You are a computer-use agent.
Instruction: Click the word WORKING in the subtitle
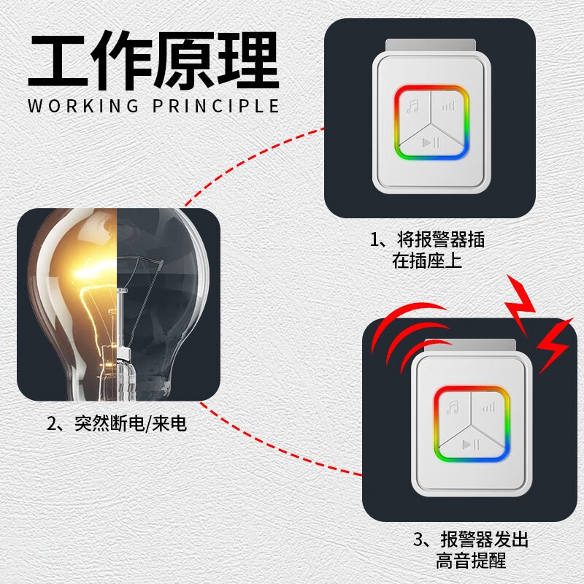tap(83, 106)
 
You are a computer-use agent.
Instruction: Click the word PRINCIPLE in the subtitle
tap(216, 106)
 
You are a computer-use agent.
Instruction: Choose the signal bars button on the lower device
tap(488, 407)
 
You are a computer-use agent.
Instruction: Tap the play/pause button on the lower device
tap(471, 444)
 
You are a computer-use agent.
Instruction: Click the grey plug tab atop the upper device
tap(431, 46)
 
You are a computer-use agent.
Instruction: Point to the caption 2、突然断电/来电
tap(117, 423)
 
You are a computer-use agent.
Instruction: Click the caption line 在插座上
tap(427, 261)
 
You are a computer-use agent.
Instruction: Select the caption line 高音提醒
tap(471, 561)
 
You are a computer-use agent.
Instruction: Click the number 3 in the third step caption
tap(418, 539)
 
